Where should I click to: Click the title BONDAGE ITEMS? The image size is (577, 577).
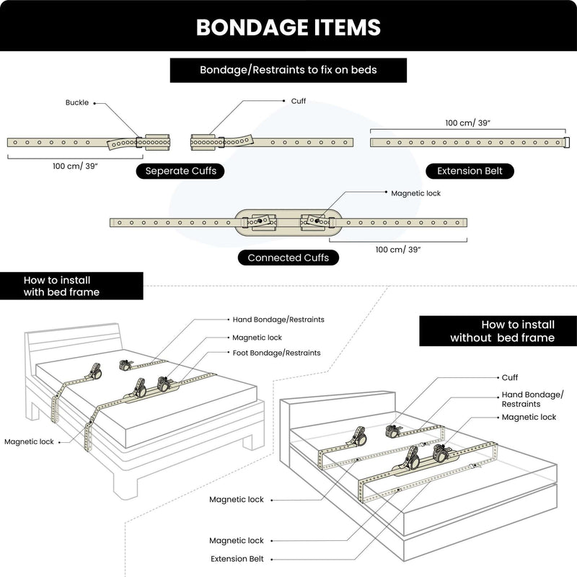pyautogui.click(x=288, y=27)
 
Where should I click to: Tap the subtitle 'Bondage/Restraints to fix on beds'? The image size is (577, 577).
pyautogui.click(x=288, y=71)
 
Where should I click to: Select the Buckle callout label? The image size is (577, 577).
pyautogui.click(x=77, y=103)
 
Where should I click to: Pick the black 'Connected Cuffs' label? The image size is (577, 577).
pyautogui.click(x=288, y=257)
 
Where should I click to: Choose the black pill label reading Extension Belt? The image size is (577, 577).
pyautogui.click(x=470, y=171)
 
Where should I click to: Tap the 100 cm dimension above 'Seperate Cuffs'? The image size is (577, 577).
pyautogui.click(x=75, y=166)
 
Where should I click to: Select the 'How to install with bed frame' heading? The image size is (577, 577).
pyautogui.click(x=61, y=286)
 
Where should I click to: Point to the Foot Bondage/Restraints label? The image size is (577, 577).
pyautogui.click(x=276, y=353)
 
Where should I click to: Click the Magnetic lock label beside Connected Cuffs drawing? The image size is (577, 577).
pyautogui.click(x=415, y=193)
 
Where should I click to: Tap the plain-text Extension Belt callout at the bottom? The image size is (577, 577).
pyautogui.click(x=237, y=559)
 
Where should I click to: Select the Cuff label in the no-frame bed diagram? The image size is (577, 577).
pyautogui.click(x=509, y=377)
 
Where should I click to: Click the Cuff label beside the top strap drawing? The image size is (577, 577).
pyautogui.click(x=298, y=102)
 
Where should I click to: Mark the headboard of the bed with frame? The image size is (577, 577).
pyautogui.click(x=72, y=343)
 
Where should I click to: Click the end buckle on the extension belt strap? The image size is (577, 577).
pyautogui.click(x=566, y=142)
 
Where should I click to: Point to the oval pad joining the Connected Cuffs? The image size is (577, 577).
pyautogui.click(x=288, y=221)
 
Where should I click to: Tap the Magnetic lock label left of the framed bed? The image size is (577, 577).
pyautogui.click(x=28, y=441)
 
